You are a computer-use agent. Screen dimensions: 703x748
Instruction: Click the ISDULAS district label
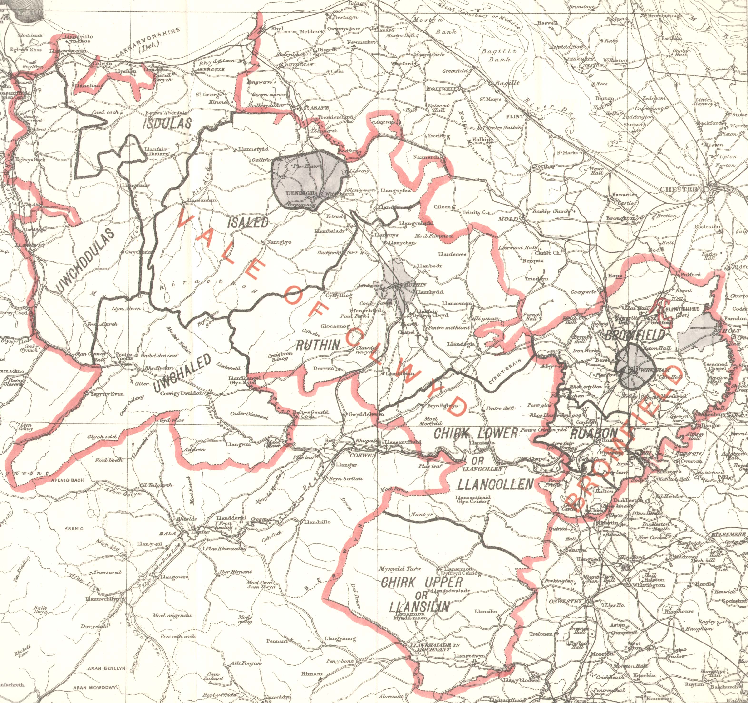tap(167, 123)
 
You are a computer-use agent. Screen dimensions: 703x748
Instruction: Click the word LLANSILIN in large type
tap(420, 607)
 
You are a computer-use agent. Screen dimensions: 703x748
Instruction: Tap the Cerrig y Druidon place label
tap(182, 393)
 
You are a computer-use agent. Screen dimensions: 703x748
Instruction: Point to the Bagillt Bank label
tap(500, 55)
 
